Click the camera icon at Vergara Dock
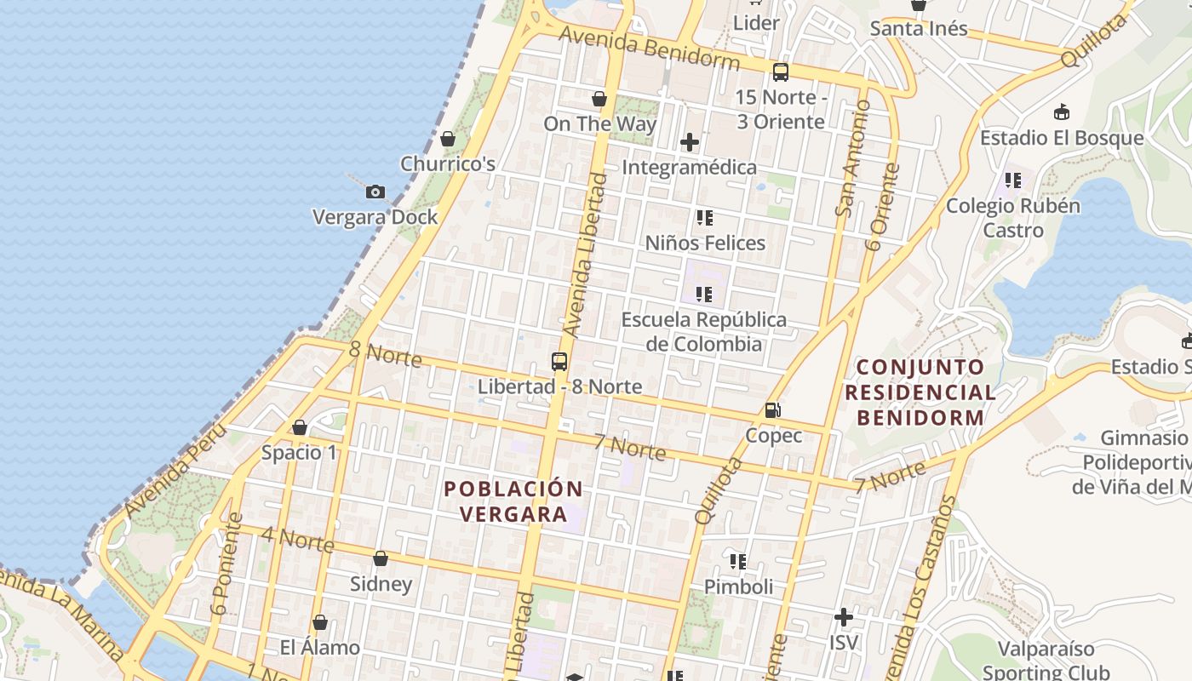375,192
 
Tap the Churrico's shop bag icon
448,139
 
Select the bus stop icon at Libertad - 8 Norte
559,362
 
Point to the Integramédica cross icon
690,142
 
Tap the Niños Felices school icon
704,219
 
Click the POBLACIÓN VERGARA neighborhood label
513,501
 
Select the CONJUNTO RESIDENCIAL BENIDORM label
926,392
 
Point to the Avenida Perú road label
174,470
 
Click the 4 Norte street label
297,539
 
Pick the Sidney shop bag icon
381,559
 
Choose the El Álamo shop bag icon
320,623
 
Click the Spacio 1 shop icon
300,427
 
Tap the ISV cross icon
844,617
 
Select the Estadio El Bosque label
1062,138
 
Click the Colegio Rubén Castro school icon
1013,180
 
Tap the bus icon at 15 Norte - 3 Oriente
781,72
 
